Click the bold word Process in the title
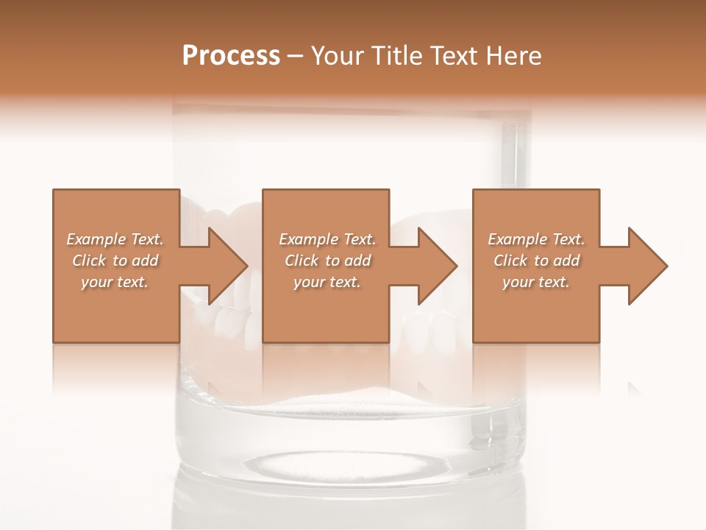(x=231, y=56)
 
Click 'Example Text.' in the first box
(x=115, y=239)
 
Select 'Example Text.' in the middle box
(x=327, y=239)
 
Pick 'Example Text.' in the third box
(x=536, y=239)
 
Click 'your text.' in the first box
(x=115, y=282)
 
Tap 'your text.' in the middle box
(x=327, y=282)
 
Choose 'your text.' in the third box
(x=536, y=282)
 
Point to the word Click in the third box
(x=511, y=261)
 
